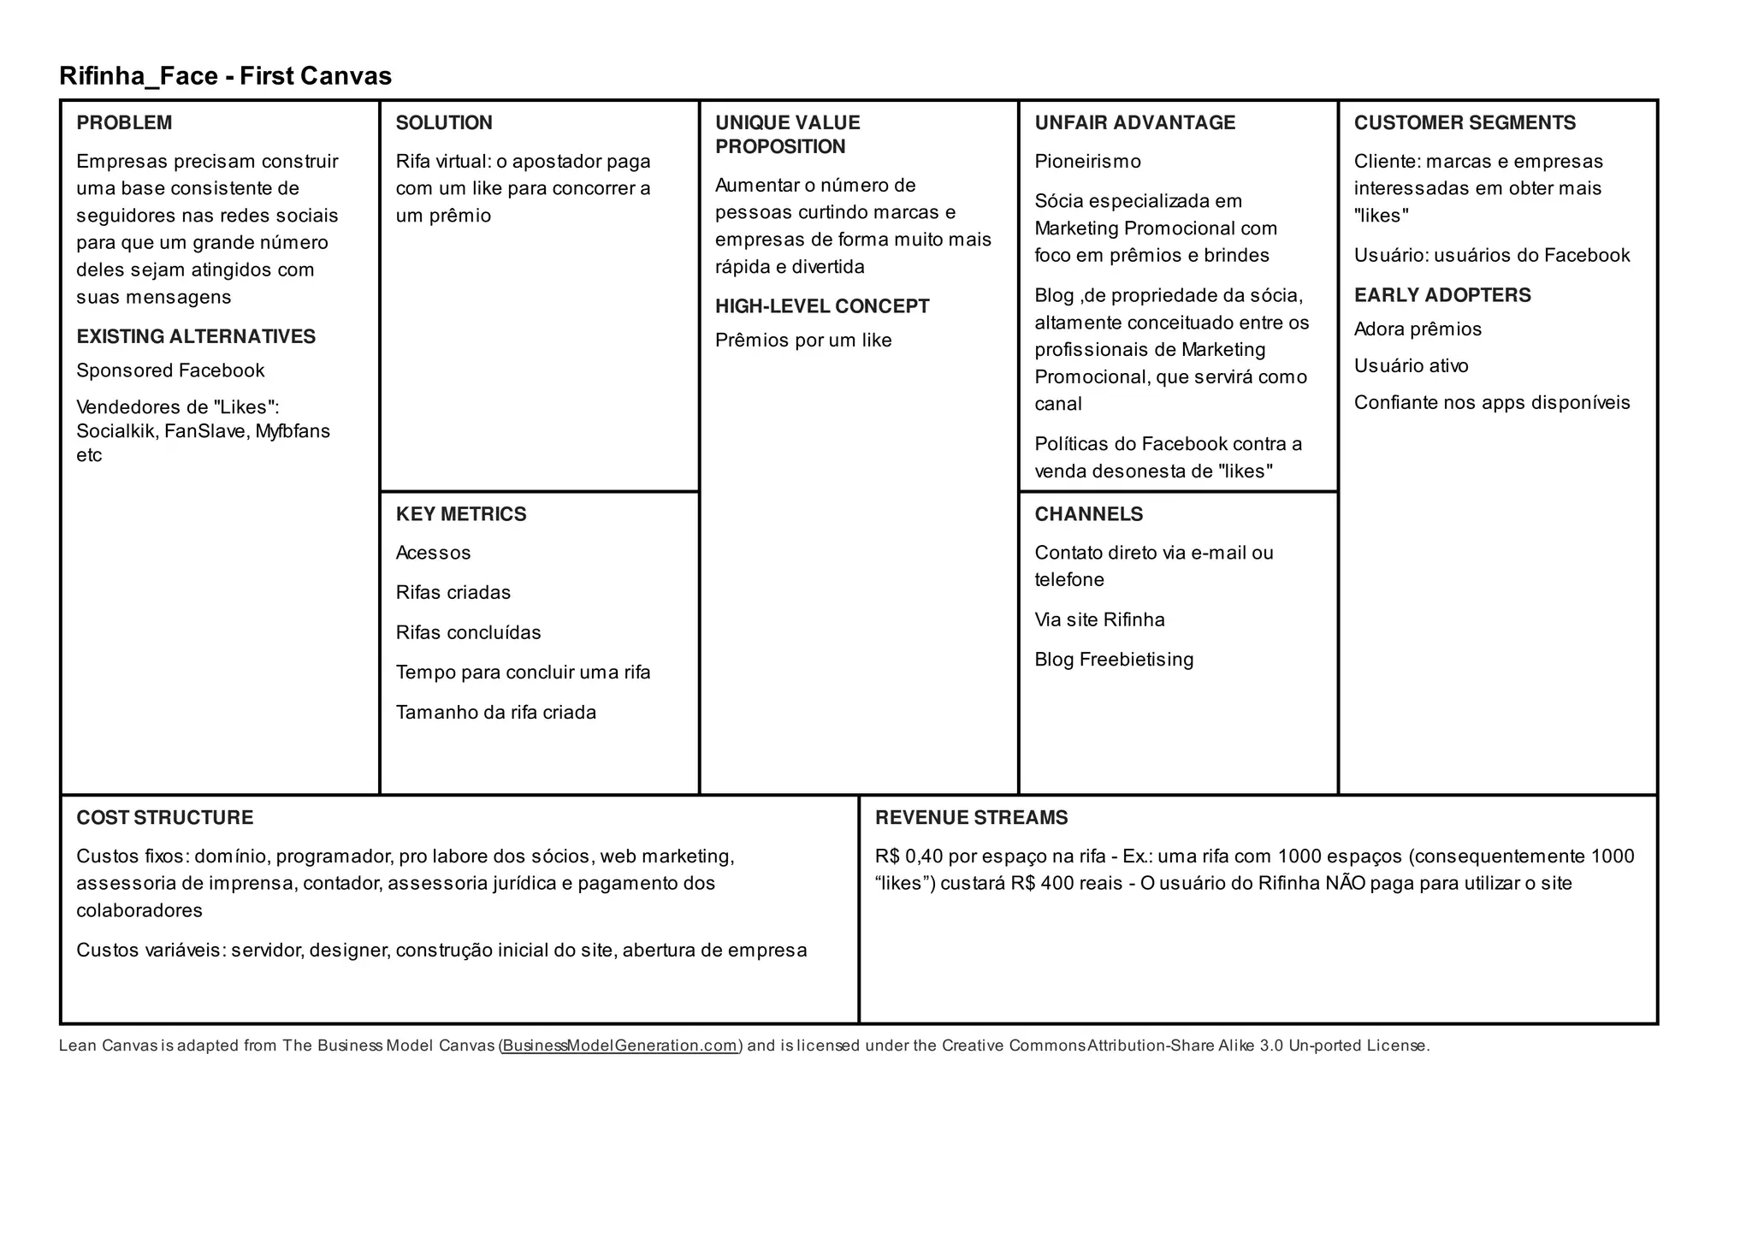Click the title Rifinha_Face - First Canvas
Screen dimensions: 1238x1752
click(225, 76)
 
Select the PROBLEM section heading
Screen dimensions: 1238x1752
click(124, 122)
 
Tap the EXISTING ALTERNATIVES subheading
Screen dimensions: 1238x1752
click(196, 336)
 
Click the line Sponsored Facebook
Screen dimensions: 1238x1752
click(170, 370)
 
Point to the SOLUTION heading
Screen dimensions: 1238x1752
click(444, 122)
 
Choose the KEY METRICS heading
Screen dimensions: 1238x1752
click(461, 514)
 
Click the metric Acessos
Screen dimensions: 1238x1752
click(433, 553)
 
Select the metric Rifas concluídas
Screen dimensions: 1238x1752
click(468, 633)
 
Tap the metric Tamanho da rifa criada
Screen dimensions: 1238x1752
click(495, 713)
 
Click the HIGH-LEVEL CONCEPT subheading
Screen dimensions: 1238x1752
click(822, 306)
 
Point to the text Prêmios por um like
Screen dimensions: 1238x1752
click(803, 341)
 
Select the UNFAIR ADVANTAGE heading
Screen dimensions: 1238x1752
click(1134, 122)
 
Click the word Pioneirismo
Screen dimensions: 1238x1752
click(1087, 162)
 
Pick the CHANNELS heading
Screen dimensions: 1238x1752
click(1088, 514)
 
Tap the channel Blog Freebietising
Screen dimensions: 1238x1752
click(1114, 660)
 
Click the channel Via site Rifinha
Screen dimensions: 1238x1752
click(1099, 619)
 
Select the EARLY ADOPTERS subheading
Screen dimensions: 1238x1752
click(1442, 295)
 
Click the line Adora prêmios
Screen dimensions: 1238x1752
click(1418, 329)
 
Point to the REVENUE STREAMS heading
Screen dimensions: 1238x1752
click(971, 818)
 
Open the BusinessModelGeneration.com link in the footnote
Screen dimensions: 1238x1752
click(620, 1045)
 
